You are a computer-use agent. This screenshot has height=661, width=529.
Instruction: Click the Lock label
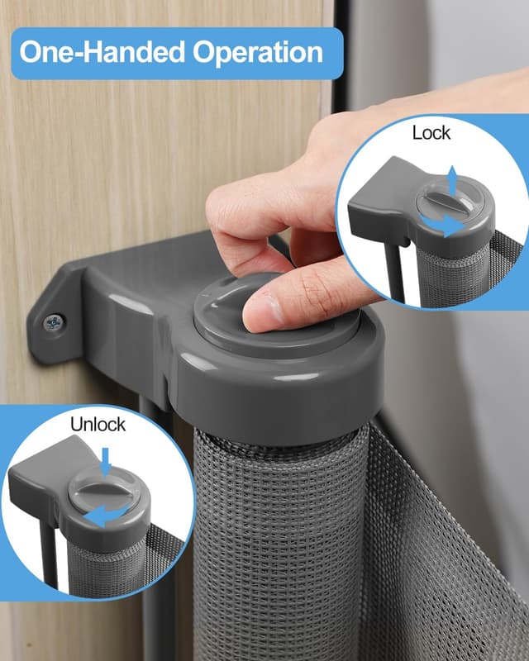[431, 132]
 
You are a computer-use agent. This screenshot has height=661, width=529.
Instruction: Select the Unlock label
[98, 425]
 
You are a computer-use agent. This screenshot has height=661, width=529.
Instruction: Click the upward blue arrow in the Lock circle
[452, 177]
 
